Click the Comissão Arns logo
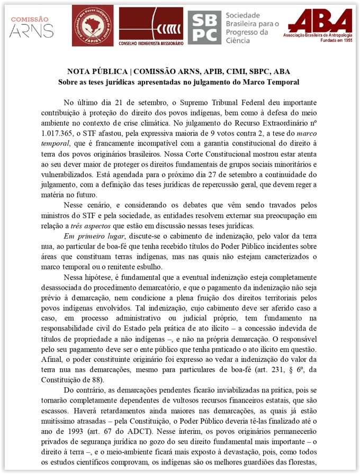coord(32,27)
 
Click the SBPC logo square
coord(204,26)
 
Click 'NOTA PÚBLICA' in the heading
coord(97,72)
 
